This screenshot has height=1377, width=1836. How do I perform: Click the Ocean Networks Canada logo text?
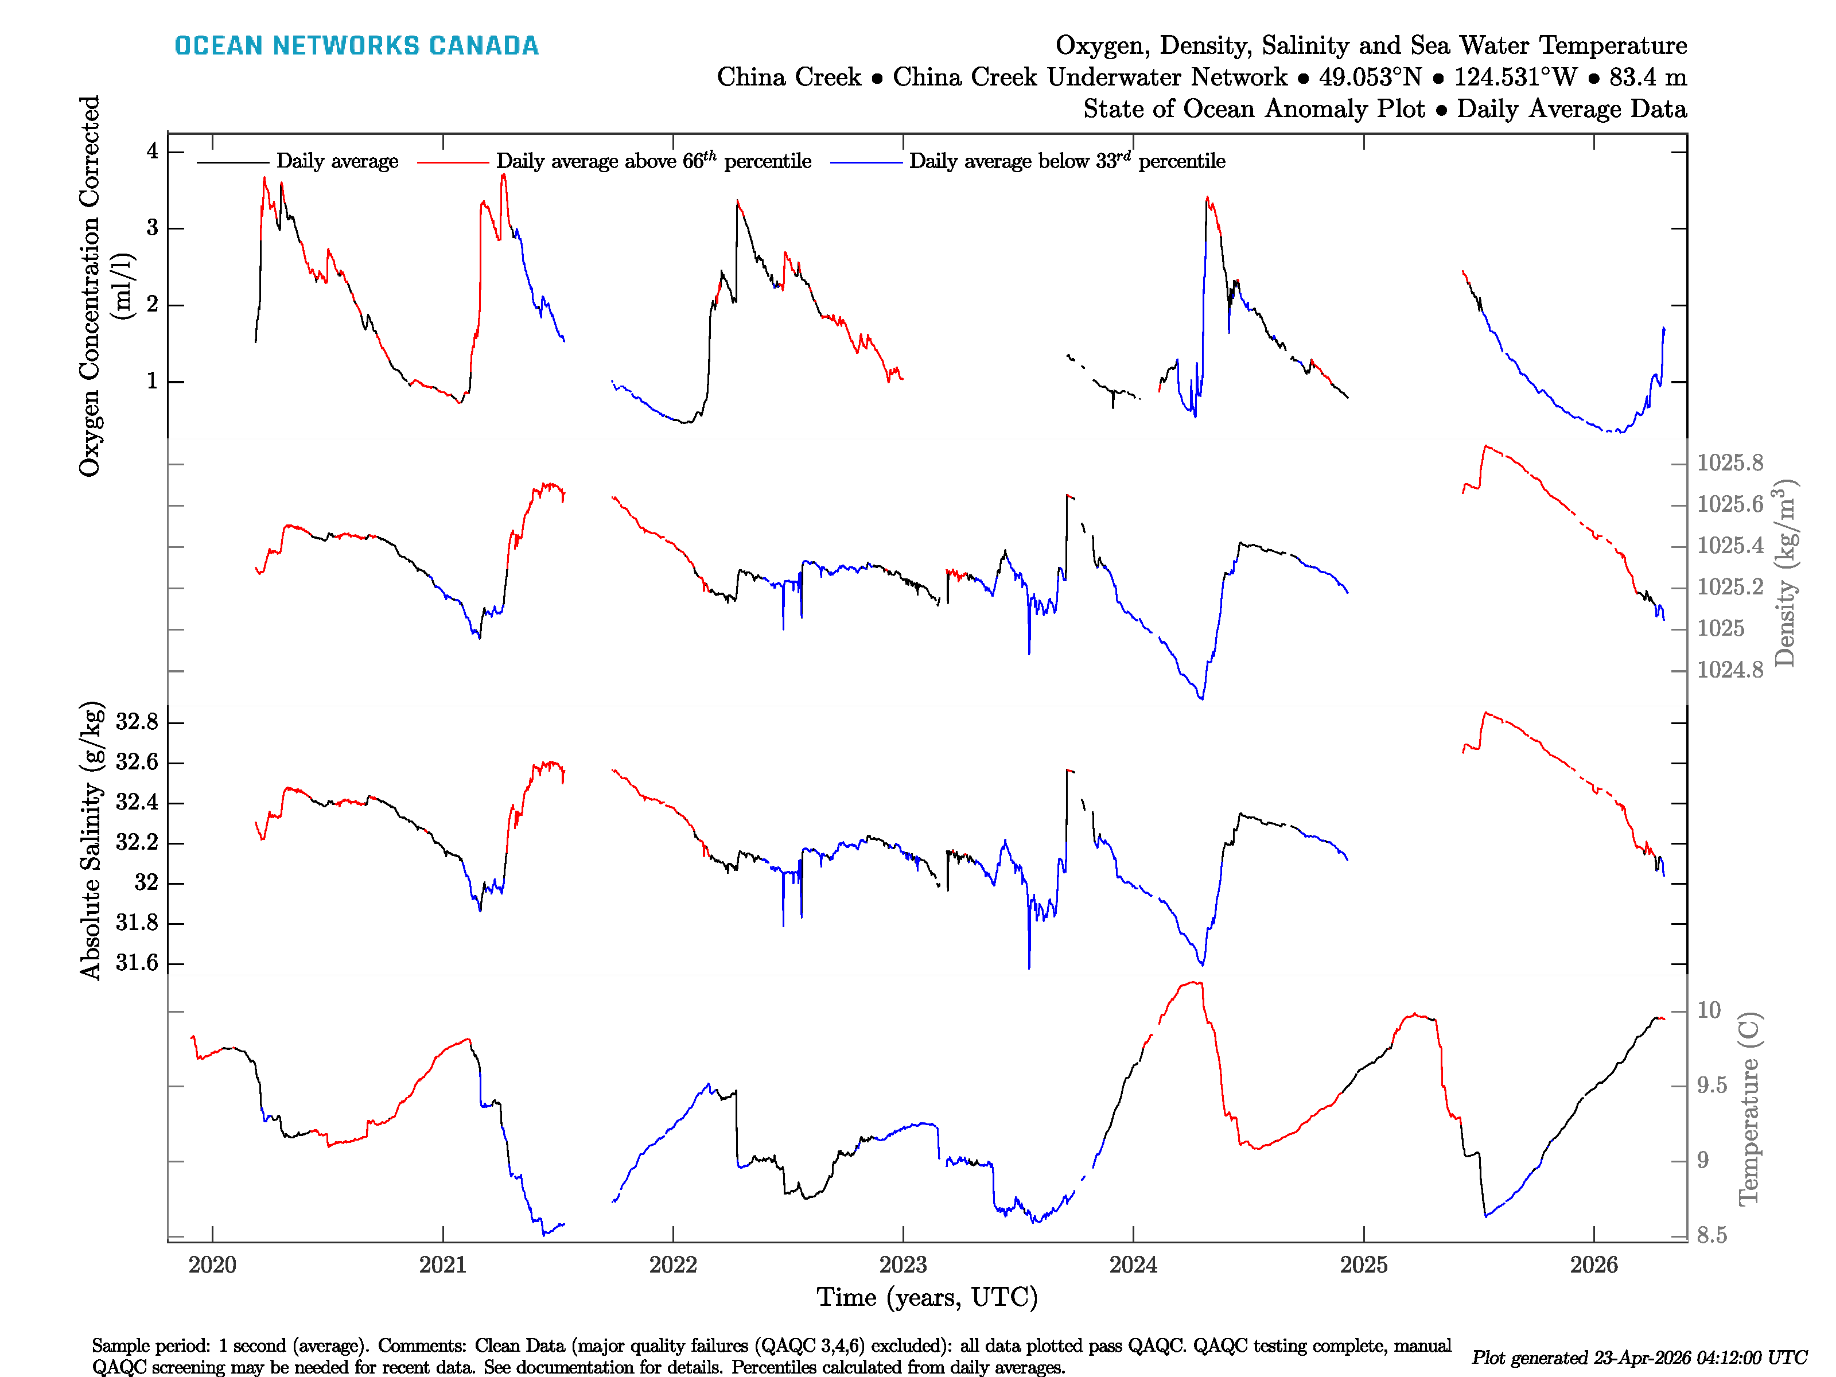[x=356, y=46]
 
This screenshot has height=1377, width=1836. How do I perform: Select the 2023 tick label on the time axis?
[x=903, y=1265]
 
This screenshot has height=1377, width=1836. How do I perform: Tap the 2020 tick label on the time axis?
[x=212, y=1265]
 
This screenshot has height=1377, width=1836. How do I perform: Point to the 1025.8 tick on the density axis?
[x=1730, y=463]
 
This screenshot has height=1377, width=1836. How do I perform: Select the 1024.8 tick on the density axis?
[x=1730, y=670]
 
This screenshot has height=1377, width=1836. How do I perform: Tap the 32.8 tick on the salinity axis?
[x=137, y=722]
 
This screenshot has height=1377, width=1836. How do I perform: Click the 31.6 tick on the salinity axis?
[x=137, y=963]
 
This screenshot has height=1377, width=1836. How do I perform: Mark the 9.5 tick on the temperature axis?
[x=1711, y=1086]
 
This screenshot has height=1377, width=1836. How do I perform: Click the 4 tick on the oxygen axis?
[x=153, y=151]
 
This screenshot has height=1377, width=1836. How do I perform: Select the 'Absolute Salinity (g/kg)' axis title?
[x=91, y=841]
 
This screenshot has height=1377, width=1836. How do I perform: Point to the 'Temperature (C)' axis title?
[x=1749, y=1108]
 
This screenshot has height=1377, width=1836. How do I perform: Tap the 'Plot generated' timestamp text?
[x=1639, y=1357]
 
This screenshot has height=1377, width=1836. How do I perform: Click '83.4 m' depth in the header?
[x=1648, y=77]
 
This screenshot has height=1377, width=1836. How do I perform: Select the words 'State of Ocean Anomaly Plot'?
[x=1253, y=109]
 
